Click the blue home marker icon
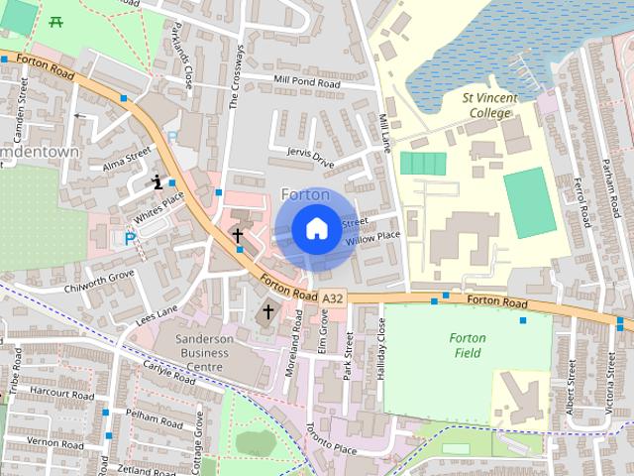click(315, 229)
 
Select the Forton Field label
click(467, 345)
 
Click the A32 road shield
click(334, 297)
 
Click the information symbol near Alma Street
click(157, 181)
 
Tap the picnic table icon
click(56, 21)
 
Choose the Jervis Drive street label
click(311, 155)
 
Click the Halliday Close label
click(382, 352)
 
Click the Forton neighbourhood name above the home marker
click(305, 194)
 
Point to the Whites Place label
click(159, 204)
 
